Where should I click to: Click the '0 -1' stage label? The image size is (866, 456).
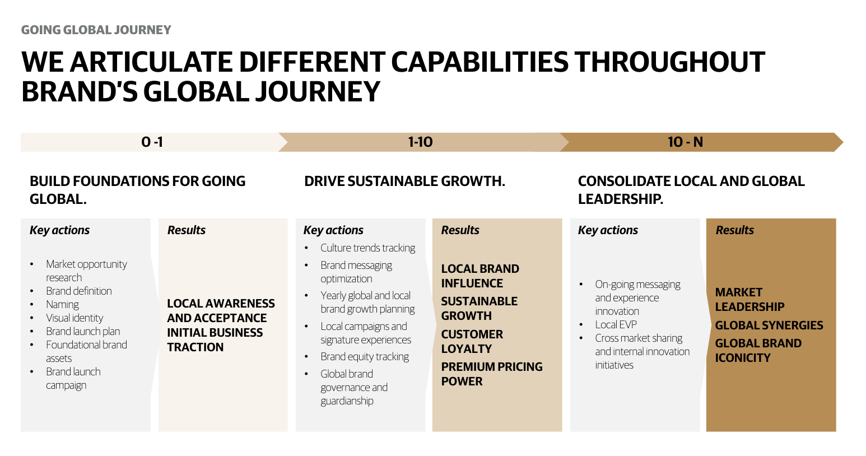point(152,142)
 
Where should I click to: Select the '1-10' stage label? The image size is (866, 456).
point(420,142)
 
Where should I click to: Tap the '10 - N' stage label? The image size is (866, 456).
point(685,142)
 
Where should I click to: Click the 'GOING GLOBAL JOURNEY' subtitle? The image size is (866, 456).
point(96,30)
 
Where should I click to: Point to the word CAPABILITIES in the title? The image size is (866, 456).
point(480,62)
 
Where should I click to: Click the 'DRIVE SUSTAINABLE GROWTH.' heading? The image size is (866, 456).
point(404,181)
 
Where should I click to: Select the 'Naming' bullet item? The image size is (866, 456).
point(62,304)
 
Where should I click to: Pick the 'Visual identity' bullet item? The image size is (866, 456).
point(75,318)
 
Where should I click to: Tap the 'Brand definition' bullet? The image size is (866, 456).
point(79,291)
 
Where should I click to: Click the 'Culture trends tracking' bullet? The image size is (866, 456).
point(367,248)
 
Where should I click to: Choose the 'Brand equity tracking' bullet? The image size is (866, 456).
point(365,357)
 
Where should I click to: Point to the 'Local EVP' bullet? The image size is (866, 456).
point(616,324)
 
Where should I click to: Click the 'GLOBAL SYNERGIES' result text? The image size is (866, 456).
point(769,325)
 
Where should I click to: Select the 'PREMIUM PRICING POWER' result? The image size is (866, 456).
point(492,374)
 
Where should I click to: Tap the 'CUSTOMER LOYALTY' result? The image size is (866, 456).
point(472,341)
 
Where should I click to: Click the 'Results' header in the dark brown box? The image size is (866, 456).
point(734,230)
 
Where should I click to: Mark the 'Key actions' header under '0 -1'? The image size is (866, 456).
point(59,230)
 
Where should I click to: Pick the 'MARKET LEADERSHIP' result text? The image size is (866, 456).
point(749,299)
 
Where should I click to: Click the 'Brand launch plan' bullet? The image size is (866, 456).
point(83,332)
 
